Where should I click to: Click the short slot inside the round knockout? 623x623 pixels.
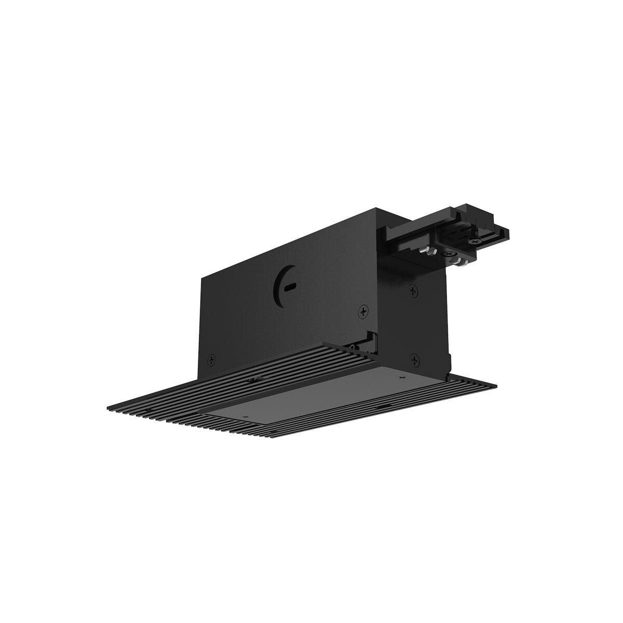click(292, 285)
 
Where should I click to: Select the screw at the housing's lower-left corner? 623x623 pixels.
click(211, 358)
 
